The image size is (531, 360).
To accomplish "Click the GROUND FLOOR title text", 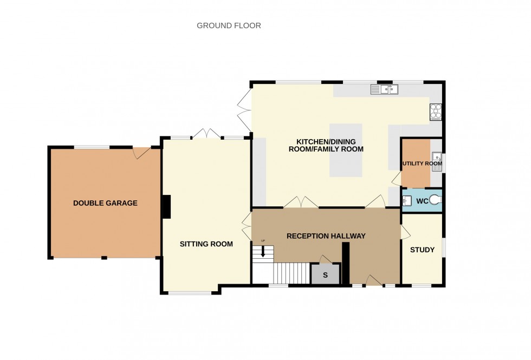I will pyautogui.click(x=229, y=25).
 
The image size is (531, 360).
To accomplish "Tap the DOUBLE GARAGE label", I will pyautogui.click(x=105, y=204).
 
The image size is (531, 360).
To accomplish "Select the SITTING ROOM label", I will pyautogui.click(x=206, y=244).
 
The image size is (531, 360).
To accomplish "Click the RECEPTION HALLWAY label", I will pyautogui.click(x=326, y=236).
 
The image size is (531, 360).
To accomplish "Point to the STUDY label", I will pyautogui.click(x=422, y=250).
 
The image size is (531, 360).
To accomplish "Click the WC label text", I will pyautogui.click(x=422, y=201).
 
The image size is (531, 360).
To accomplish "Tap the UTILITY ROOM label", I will pyautogui.click(x=422, y=163).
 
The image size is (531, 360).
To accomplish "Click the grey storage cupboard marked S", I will pyautogui.click(x=325, y=274).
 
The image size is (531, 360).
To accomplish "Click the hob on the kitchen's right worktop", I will pyautogui.click(x=436, y=112).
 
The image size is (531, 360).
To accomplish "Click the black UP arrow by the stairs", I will pyautogui.click(x=263, y=251).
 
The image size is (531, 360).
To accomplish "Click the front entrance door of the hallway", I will pyautogui.click(x=373, y=281).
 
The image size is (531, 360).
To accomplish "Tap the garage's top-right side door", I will pyautogui.click(x=142, y=153).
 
